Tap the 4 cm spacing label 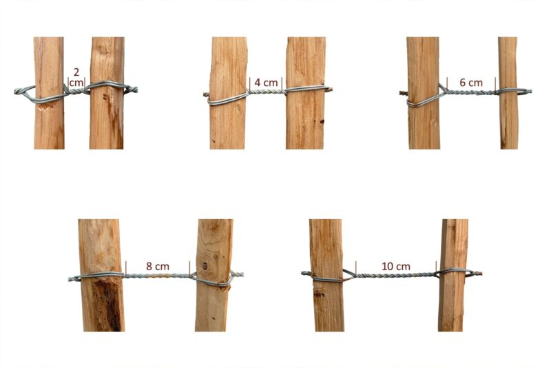point(266,82)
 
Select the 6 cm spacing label point(470,82)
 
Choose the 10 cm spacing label point(395,265)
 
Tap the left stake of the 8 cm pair point(101,303)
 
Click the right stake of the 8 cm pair point(214,303)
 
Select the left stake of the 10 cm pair point(326,303)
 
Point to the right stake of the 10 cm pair point(453,303)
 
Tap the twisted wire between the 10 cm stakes point(395,275)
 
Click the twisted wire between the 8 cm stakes point(157,276)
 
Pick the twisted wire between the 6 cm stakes point(470,91)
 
